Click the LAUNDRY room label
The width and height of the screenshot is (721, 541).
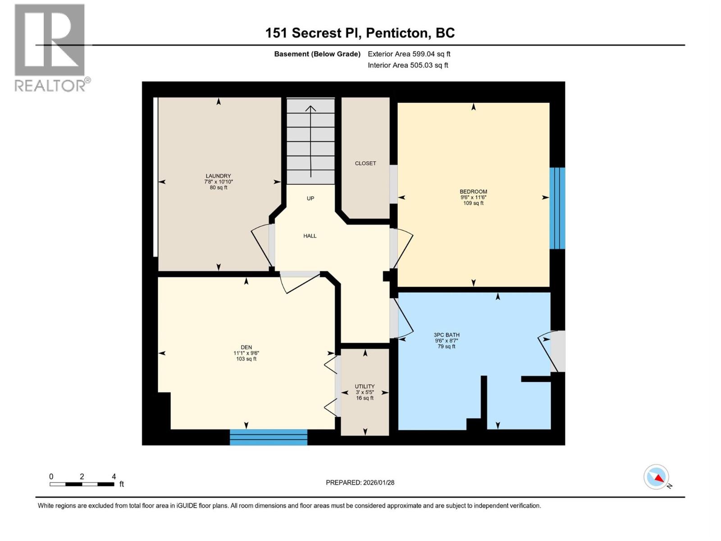(218, 176)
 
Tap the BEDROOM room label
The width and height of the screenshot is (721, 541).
(473, 192)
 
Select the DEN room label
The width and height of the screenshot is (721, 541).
(246, 347)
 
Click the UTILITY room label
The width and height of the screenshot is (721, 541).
(365, 386)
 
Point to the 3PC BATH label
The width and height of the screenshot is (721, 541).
(447, 335)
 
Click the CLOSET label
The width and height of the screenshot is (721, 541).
(365, 163)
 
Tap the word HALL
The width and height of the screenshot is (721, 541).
(310, 236)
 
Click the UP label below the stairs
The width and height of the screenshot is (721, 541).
(310, 198)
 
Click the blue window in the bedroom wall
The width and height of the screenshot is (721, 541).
(557, 208)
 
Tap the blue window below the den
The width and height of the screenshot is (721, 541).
(269, 437)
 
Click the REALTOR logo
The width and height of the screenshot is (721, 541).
(50, 48)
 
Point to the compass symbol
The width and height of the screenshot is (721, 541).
(657, 477)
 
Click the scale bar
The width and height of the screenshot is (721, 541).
(82, 484)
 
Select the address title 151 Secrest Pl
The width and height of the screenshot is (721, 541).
(360, 33)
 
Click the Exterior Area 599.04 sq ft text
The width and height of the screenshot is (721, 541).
(409, 54)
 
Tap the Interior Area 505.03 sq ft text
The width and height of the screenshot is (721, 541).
(408, 65)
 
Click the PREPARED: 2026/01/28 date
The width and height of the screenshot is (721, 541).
(360, 482)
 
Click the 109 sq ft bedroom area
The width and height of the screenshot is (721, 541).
(473, 203)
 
